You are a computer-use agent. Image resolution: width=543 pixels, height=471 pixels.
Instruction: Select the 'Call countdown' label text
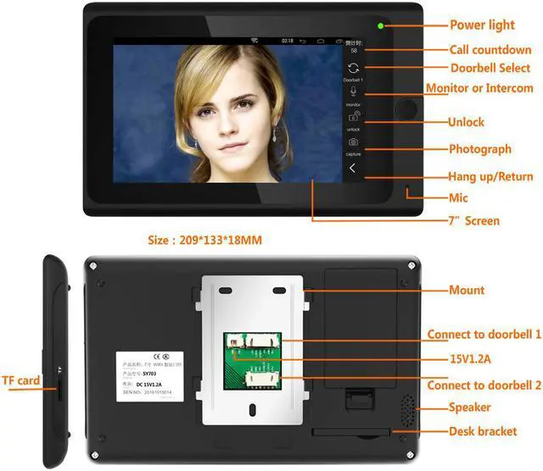[490, 50]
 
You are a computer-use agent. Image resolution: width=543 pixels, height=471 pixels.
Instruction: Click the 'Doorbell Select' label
[490, 68]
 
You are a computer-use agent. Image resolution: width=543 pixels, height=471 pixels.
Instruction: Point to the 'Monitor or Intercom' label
[479, 88]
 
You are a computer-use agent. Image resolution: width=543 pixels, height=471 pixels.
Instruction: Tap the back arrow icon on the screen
[353, 168]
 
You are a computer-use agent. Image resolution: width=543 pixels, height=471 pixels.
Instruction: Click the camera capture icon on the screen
[353, 141]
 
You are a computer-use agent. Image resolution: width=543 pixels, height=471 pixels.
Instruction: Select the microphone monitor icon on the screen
[353, 91]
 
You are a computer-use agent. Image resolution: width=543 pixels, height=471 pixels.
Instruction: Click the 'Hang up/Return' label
[490, 177]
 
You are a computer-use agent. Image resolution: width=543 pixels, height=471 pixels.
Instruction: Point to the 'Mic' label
[458, 197]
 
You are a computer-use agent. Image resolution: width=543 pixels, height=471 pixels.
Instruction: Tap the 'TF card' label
[20, 381]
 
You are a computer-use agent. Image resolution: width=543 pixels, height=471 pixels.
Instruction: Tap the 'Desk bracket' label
[483, 431]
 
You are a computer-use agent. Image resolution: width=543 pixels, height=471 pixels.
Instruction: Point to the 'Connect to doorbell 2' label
[484, 385]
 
